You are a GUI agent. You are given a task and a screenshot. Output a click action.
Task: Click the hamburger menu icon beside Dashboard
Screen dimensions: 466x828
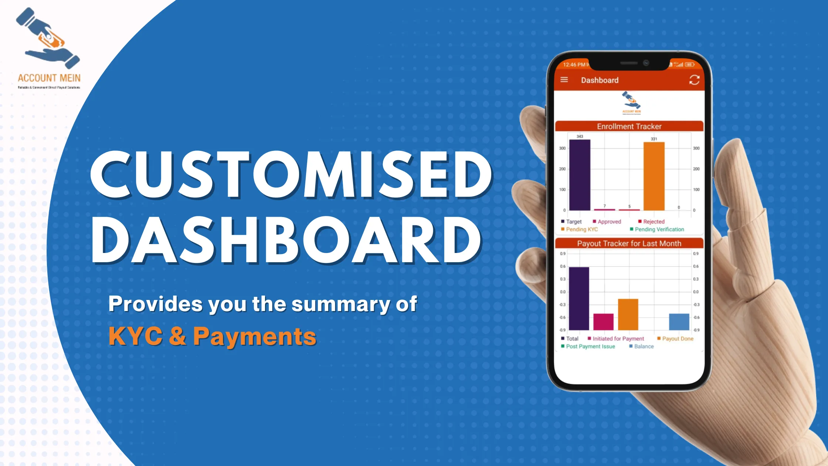click(x=564, y=80)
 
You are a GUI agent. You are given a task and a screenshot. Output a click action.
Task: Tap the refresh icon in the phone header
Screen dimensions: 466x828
click(x=694, y=80)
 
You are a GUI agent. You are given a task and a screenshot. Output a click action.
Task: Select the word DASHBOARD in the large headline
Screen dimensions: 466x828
click(x=286, y=240)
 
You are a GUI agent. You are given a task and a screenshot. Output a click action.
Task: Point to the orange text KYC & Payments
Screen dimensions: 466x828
click(x=212, y=336)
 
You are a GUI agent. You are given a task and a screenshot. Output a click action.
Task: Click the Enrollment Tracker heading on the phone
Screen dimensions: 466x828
click(x=629, y=126)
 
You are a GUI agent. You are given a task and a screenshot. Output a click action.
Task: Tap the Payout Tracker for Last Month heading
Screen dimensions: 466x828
click(x=629, y=243)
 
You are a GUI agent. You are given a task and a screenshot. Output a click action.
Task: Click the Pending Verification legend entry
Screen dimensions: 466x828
click(x=659, y=229)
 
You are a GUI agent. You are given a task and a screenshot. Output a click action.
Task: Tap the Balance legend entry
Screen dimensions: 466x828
click(x=644, y=346)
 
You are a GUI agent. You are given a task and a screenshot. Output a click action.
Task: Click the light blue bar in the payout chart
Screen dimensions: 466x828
click(x=679, y=322)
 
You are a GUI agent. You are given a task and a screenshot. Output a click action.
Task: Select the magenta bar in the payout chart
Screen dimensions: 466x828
click(x=603, y=322)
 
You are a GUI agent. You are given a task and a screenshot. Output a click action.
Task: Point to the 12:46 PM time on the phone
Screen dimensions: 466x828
click(x=574, y=65)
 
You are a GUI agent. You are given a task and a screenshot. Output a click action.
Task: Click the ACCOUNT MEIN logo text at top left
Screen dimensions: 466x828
click(x=49, y=78)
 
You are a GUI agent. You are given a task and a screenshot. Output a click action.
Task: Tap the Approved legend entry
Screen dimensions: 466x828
click(x=609, y=222)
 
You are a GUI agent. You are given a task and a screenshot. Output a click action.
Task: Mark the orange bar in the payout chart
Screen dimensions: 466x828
click(x=628, y=314)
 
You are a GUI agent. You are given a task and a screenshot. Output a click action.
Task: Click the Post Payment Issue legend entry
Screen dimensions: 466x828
click(x=590, y=346)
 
